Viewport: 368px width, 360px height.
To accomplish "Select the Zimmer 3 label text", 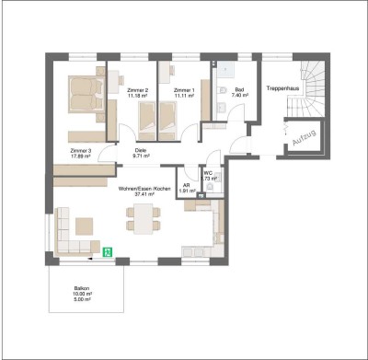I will click(81, 149).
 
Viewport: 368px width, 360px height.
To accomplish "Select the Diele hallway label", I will click(141, 150).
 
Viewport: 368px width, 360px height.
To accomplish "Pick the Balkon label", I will click(82, 288).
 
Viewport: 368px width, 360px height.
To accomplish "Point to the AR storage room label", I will click(186, 184).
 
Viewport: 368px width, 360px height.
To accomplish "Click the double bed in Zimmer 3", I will click(85, 97).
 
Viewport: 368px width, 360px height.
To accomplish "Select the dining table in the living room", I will click(144, 220).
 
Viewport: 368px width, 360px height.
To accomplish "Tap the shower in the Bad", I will click(225, 68).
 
